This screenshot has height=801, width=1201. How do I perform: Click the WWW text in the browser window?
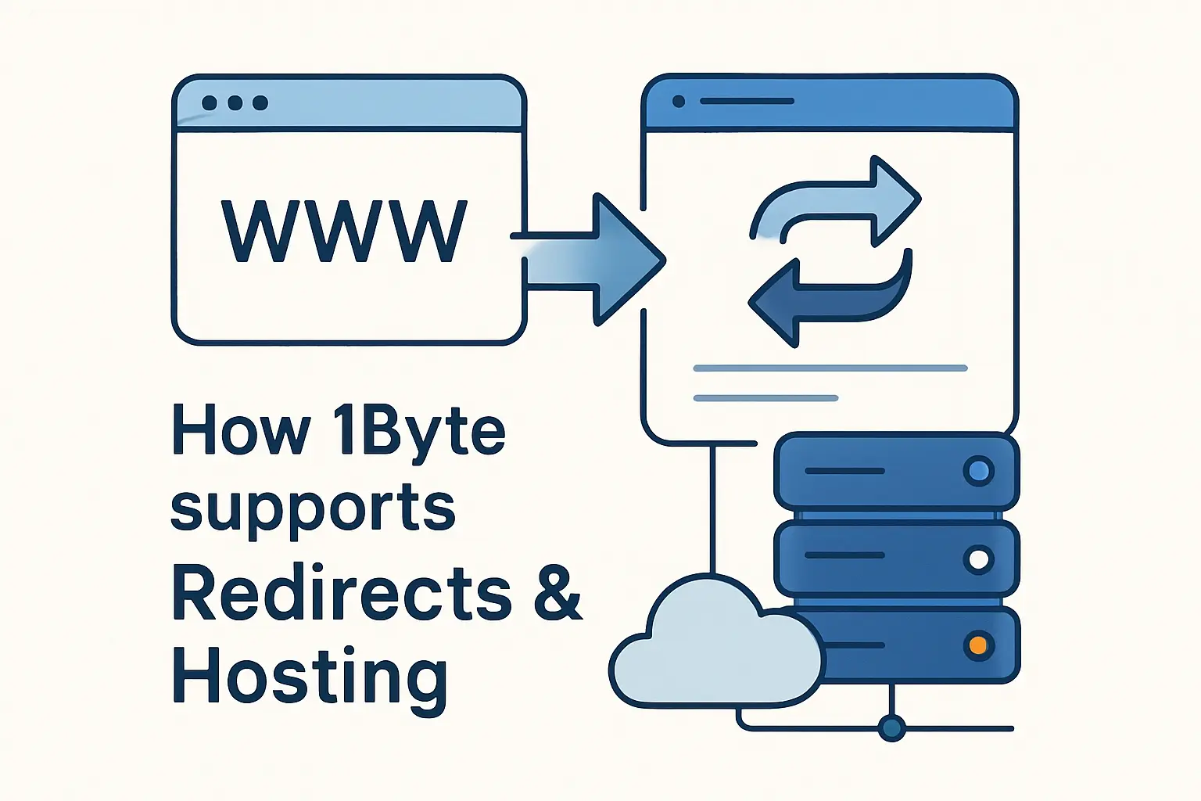(x=344, y=232)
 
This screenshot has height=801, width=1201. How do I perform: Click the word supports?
(x=313, y=509)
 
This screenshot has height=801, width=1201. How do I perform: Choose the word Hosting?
(x=310, y=677)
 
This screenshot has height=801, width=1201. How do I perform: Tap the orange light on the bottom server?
(x=977, y=646)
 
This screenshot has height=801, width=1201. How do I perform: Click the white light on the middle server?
(x=977, y=559)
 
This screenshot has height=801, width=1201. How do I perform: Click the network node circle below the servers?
(x=891, y=728)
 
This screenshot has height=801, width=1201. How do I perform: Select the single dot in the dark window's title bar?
(x=679, y=102)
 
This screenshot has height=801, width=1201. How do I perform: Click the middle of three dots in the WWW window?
(x=235, y=103)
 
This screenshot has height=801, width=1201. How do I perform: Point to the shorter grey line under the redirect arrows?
(x=765, y=398)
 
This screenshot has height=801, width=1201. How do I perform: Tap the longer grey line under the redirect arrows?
(x=830, y=368)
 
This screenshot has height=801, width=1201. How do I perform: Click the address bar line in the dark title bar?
(x=747, y=102)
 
